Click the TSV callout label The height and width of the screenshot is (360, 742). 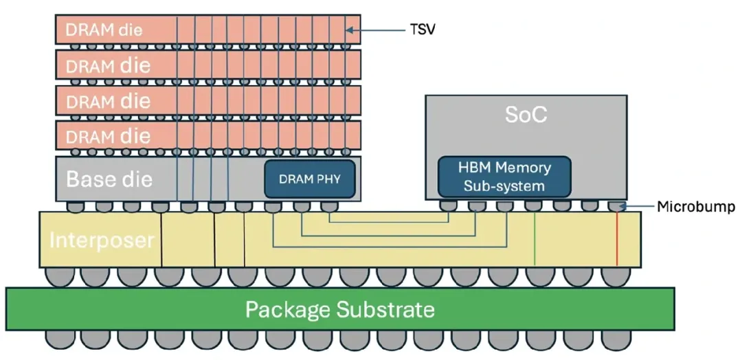tap(422, 30)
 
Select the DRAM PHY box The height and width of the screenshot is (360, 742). tap(309, 179)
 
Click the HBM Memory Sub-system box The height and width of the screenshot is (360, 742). tap(504, 177)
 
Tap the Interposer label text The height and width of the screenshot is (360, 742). tap(102, 240)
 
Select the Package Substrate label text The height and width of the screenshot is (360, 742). tap(340, 310)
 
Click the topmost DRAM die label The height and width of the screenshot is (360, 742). tap(104, 30)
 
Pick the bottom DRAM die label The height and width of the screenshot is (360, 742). tap(108, 136)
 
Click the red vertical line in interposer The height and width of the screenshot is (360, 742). tap(617, 239)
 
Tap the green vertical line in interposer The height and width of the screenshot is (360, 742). tap(535, 239)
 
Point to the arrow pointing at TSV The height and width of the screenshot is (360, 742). tap(376, 30)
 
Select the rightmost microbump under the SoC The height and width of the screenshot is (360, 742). tap(616, 206)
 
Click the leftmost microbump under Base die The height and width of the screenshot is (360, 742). tap(76, 207)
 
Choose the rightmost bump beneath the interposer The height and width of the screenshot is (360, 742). tap(615, 278)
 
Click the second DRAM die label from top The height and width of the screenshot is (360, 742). tap(108, 65)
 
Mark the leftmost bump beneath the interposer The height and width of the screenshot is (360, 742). tap(60, 278)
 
